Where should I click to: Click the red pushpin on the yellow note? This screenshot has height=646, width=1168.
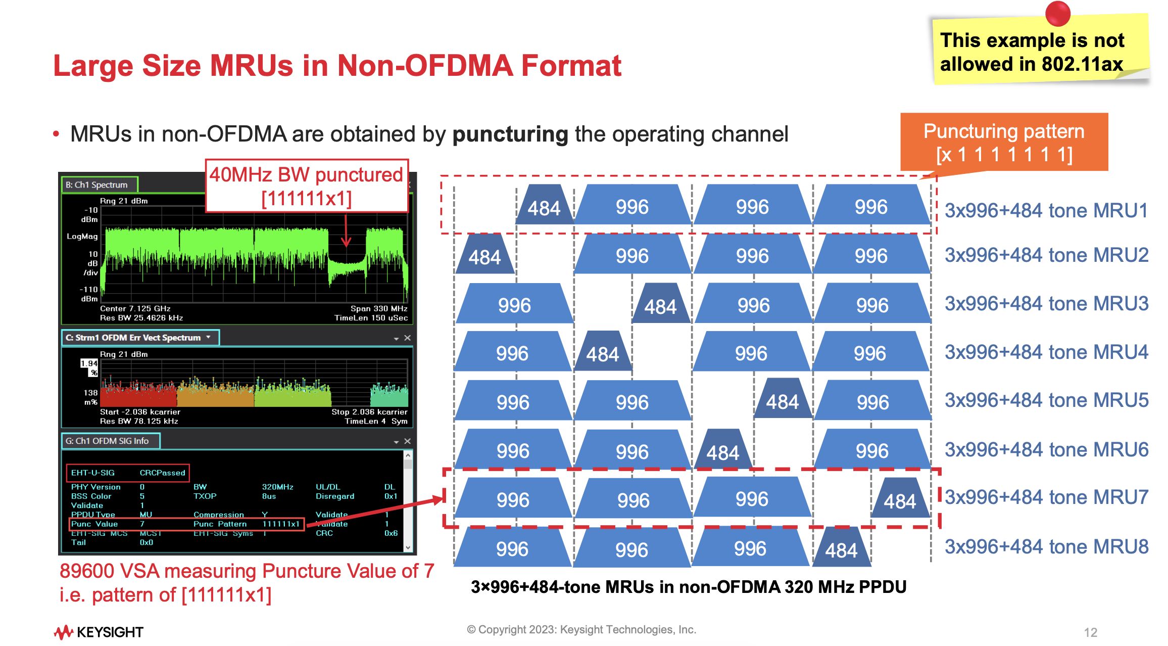(1057, 14)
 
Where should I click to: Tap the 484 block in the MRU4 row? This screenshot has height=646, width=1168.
(602, 353)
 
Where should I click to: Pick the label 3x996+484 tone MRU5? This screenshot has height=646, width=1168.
(1046, 400)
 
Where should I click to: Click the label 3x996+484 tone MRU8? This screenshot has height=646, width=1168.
(1046, 546)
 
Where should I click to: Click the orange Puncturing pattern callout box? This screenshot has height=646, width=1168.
(1004, 143)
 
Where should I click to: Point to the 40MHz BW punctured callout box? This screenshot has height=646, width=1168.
(306, 186)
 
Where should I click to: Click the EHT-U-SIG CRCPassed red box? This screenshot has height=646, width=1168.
(128, 473)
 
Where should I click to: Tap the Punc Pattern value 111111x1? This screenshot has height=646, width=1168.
(281, 524)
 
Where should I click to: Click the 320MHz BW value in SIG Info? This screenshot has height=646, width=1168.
(277, 487)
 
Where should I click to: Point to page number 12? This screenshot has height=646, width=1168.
(1090, 632)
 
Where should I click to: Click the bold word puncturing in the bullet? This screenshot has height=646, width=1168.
(510, 134)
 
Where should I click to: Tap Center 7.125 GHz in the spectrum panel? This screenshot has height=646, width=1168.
(135, 308)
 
